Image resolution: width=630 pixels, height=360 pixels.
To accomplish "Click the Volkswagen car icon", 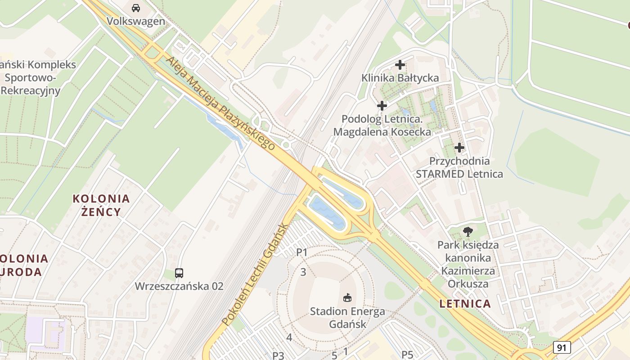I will [135, 8].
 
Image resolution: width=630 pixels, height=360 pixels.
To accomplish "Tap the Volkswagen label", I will [135, 21].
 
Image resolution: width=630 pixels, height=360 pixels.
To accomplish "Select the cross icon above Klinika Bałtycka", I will [400, 65].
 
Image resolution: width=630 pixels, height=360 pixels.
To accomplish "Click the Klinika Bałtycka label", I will [400, 78].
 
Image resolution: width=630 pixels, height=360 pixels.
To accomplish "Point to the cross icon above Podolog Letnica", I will [382, 106].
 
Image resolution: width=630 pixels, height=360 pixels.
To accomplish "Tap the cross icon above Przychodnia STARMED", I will [459, 148].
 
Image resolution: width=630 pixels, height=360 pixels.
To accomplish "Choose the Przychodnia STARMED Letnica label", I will [459, 167].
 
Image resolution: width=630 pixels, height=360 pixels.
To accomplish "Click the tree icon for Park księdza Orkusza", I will [468, 232].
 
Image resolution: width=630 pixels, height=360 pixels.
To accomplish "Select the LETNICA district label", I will [465, 304].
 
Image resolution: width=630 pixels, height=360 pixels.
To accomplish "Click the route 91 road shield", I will [562, 347].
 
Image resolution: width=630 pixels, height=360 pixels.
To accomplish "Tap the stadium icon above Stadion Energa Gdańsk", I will [347, 297].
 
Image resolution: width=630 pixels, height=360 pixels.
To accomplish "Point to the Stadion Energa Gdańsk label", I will [347, 317].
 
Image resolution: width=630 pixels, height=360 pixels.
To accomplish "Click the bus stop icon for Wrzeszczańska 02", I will [179, 273].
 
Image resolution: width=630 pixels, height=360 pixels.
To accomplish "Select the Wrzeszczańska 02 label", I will [179, 286].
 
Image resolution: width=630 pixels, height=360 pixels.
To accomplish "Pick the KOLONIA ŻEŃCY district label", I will [101, 205].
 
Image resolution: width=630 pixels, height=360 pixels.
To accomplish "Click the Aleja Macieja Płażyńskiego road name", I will [220, 103].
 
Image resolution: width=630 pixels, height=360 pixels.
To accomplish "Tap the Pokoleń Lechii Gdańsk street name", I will [254, 274].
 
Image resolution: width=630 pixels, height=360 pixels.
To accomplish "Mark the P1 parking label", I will [301, 252].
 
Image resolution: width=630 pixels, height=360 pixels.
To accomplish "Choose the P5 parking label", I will [407, 355].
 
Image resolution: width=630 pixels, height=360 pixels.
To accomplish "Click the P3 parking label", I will [278, 355].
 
